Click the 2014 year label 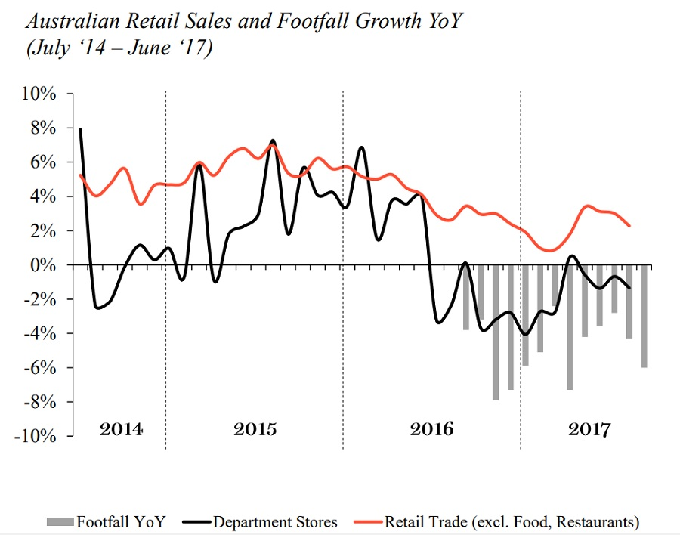pyautogui.click(x=122, y=429)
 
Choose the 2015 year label pyautogui.click(x=255, y=429)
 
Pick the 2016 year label pyautogui.click(x=432, y=429)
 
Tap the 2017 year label pyautogui.click(x=589, y=429)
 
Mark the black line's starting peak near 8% pyautogui.click(x=80, y=130)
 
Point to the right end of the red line pyautogui.click(x=629, y=225)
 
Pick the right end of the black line pyautogui.click(x=629, y=288)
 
